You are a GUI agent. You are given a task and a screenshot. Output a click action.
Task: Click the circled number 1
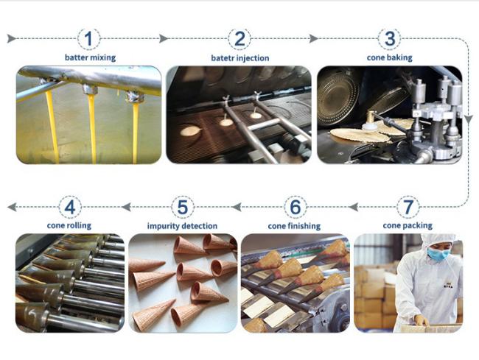tap(88, 39)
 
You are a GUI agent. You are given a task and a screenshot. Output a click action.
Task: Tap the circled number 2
tap(239, 39)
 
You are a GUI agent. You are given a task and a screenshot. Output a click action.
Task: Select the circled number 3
tap(390, 39)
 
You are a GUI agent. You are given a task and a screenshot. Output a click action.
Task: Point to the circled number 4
tap(70, 207)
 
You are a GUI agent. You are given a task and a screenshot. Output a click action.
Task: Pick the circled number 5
tap(182, 207)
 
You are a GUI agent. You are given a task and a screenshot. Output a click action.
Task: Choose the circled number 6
tap(295, 207)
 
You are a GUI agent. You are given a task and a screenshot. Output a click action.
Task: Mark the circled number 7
tap(408, 207)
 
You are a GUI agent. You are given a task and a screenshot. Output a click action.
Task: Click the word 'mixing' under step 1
tap(102, 57)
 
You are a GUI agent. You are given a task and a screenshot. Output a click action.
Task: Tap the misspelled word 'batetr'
tap(222, 58)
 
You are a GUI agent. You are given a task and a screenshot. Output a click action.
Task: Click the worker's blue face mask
tap(438, 254)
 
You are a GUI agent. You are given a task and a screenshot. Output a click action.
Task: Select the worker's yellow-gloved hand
tap(422, 320)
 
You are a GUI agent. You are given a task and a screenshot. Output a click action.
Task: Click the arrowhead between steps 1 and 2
tap(164, 39)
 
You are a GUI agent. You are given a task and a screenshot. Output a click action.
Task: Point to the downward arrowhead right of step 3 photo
tap(469, 119)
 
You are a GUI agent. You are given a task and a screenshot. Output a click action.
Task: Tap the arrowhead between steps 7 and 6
tap(354, 207)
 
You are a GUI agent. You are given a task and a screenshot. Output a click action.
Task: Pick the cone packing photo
tap(408, 283)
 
